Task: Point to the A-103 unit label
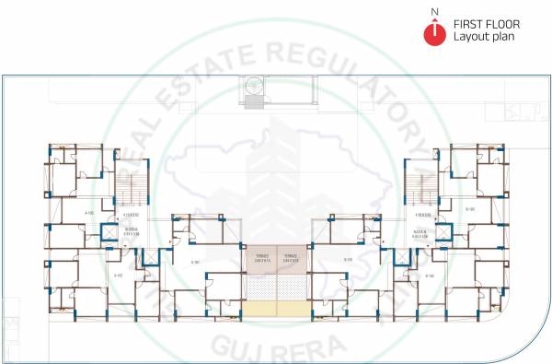89,213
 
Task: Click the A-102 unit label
118,275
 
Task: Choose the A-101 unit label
195,262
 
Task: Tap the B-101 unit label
348,260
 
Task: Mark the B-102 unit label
429,275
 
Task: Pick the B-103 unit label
469,210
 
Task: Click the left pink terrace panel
259,260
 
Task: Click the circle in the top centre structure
254,87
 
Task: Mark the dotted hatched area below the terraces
275,288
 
